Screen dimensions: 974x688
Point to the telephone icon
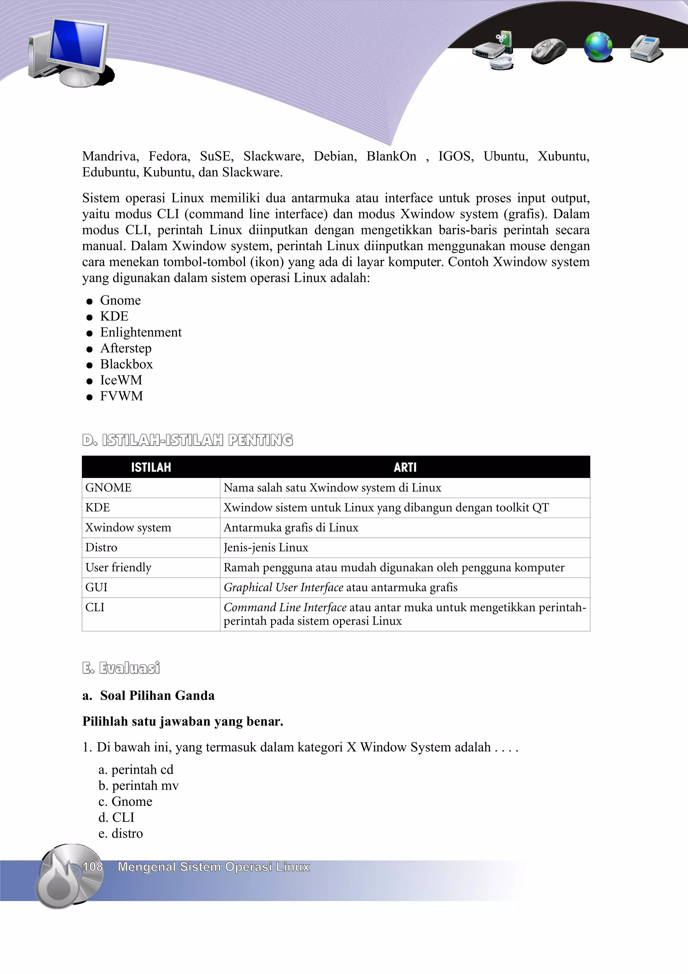(x=646, y=48)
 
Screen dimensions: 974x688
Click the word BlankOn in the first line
(x=391, y=156)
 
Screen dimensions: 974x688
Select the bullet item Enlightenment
(x=140, y=332)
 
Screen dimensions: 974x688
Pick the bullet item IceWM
(x=121, y=380)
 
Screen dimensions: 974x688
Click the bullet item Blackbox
(x=126, y=364)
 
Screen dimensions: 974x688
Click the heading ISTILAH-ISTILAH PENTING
(x=188, y=440)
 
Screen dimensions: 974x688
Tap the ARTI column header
(x=405, y=467)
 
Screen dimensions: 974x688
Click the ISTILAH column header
(x=151, y=467)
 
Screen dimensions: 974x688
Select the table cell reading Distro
(x=101, y=547)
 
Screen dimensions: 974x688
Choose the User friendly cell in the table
(x=118, y=567)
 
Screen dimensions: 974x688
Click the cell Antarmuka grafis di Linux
(x=291, y=527)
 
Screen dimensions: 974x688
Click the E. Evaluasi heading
(x=121, y=668)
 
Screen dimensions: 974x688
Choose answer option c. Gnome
(x=126, y=801)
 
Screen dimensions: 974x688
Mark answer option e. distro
(x=121, y=833)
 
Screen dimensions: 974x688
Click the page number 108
(x=92, y=866)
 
